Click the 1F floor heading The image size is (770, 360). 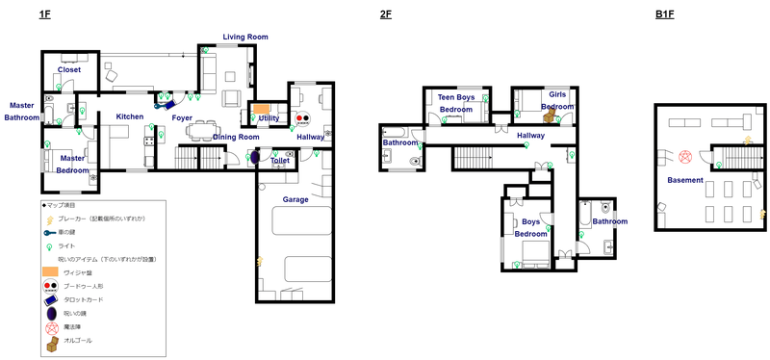[x=45, y=14]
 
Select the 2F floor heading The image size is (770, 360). [x=386, y=14]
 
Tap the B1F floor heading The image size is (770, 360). [x=664, y=14]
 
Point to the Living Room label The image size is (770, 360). [x=244, y=37]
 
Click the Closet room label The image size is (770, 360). [x=69, y=69]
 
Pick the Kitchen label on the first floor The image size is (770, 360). [x=130, y=116]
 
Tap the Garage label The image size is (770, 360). [x=295, y=199]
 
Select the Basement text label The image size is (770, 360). [x=686, y=180]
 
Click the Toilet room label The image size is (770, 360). [x=280, y=161]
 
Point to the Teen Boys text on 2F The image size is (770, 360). [x=457, y=97]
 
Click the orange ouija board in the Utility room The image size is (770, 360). [x=262, y=108]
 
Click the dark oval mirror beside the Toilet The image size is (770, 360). [x=255, y=160]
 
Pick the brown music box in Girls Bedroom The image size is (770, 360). [x=550, y=116]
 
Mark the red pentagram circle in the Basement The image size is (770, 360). [x=685, y=156]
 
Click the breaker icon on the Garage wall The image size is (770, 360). [x=259, y=259]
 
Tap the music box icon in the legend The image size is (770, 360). [x=50, y=340]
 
